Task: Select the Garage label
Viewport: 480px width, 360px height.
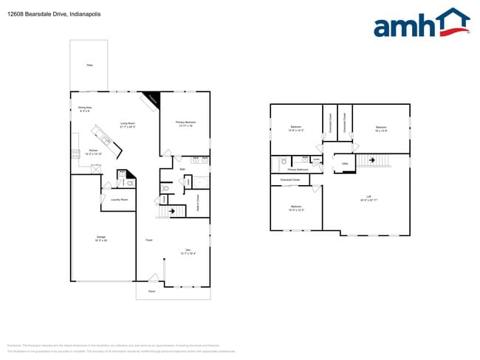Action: coord(100,238)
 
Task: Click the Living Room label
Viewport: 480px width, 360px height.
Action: coord(128,125)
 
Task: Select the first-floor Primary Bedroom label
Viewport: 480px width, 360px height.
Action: coord(185,123)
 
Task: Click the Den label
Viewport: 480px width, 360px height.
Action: coord(188,251)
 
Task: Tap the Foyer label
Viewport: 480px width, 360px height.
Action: coord(148,240)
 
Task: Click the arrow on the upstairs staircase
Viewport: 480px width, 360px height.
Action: coord(373,159)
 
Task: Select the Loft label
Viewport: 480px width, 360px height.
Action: coord(367,198)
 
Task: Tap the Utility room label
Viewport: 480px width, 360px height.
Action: coord(345,165)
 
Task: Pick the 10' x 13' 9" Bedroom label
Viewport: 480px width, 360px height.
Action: coord(381,129)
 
